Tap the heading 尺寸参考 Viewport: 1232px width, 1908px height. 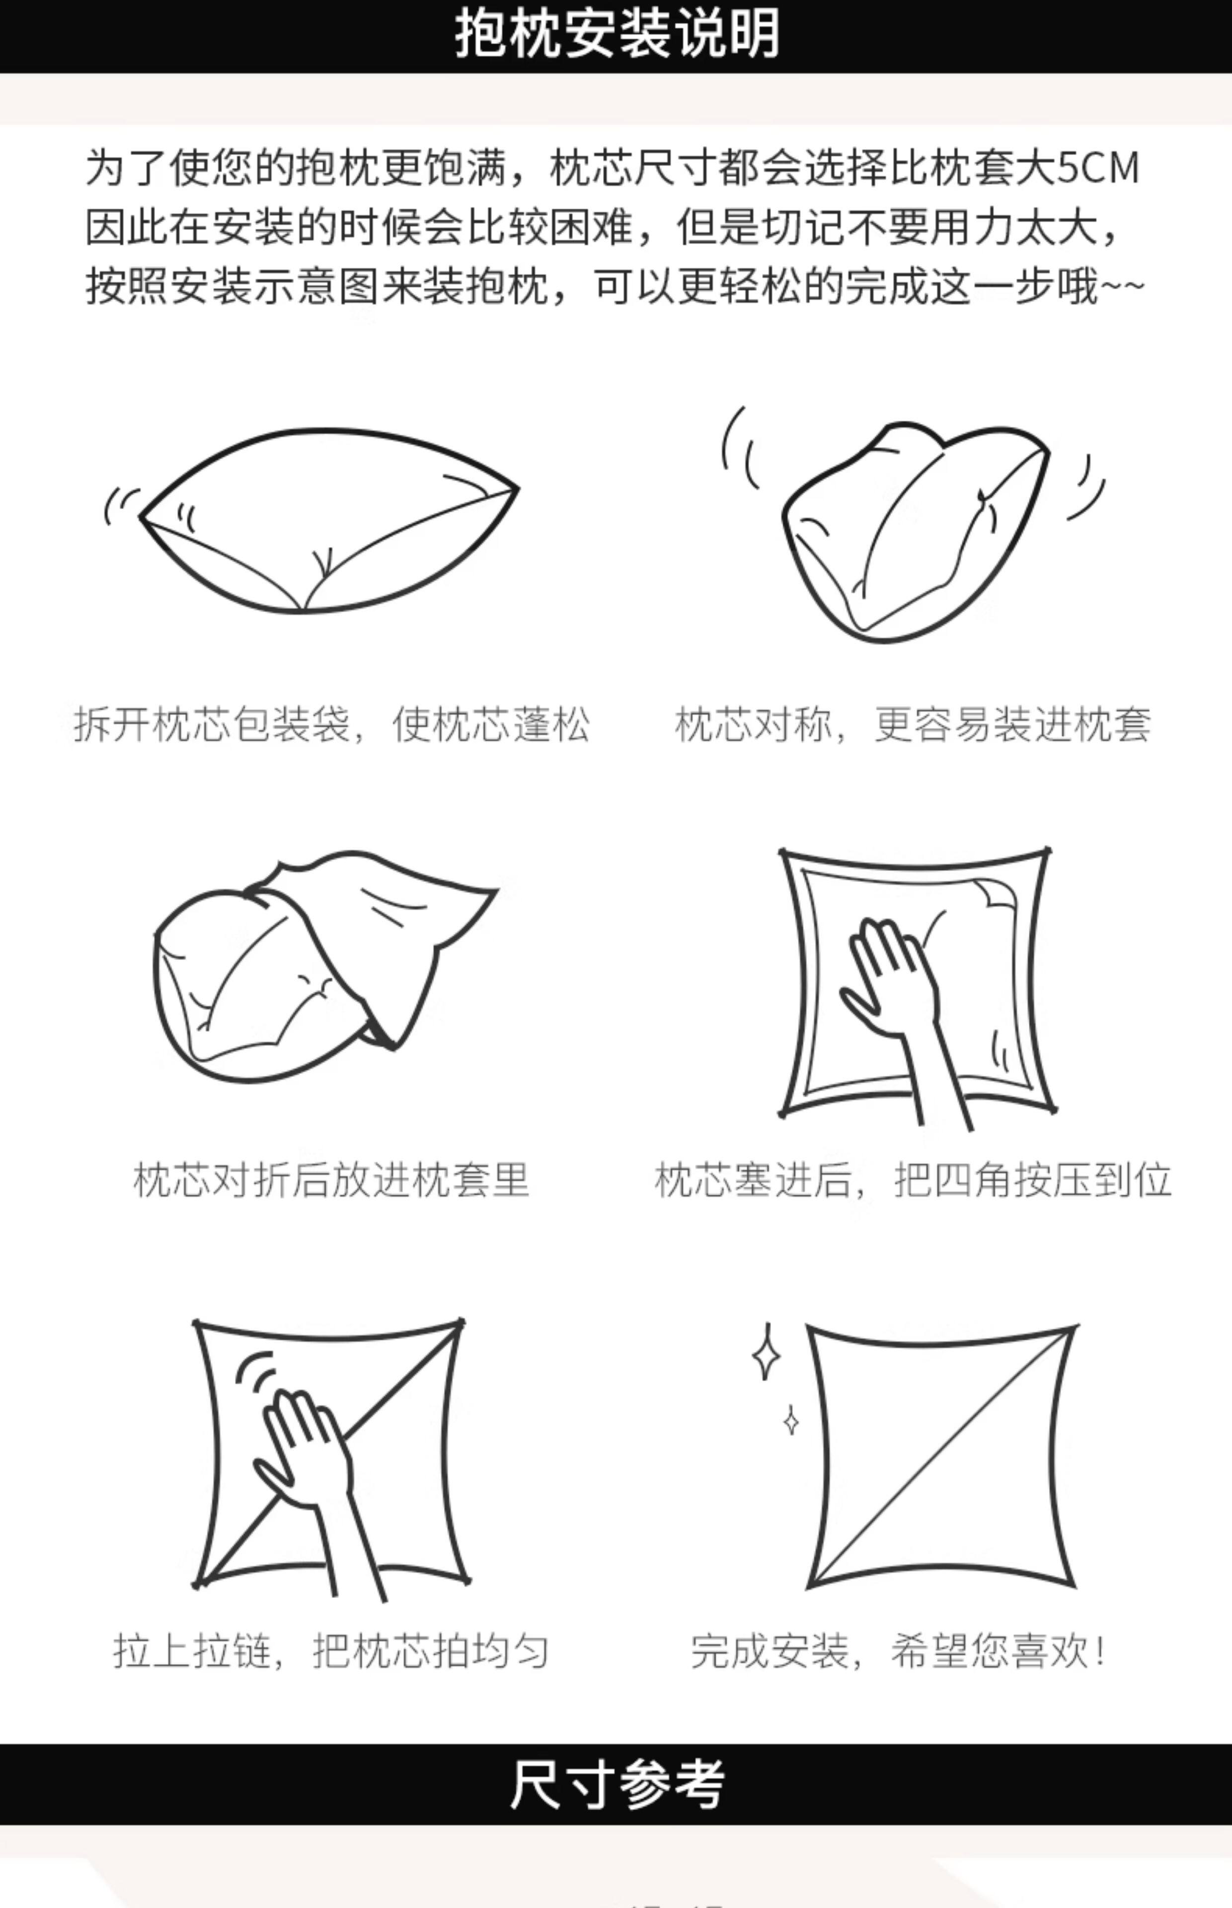pos(616,1783)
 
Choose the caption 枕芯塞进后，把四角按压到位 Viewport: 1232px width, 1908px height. pos(913,1180)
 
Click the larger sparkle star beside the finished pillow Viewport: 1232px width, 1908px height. pos(767,1352)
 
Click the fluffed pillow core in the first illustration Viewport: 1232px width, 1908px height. pos(328,520)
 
